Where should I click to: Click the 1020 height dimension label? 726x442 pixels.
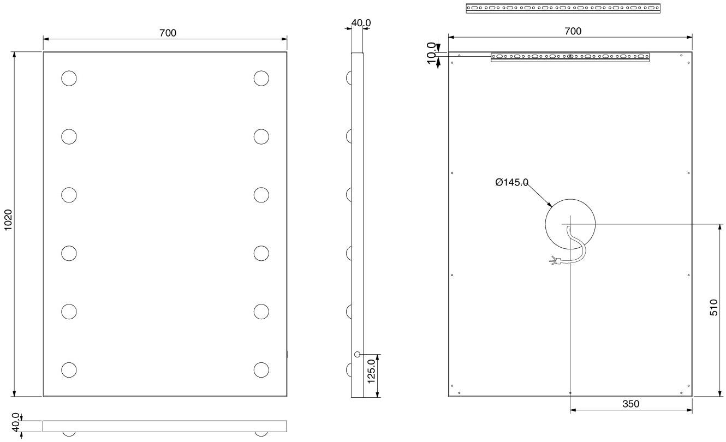8,220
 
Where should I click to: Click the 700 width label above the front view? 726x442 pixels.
168,33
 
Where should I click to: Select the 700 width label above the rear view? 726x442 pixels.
573,31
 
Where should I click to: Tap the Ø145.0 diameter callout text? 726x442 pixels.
512,182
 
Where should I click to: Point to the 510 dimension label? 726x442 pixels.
714,308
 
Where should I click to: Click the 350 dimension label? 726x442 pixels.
630,404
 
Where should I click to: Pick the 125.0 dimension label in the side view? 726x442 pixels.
371,372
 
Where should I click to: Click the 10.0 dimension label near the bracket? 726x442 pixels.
431,53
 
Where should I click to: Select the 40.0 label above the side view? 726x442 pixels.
361,23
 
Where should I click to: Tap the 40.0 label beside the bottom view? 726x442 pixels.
16,422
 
